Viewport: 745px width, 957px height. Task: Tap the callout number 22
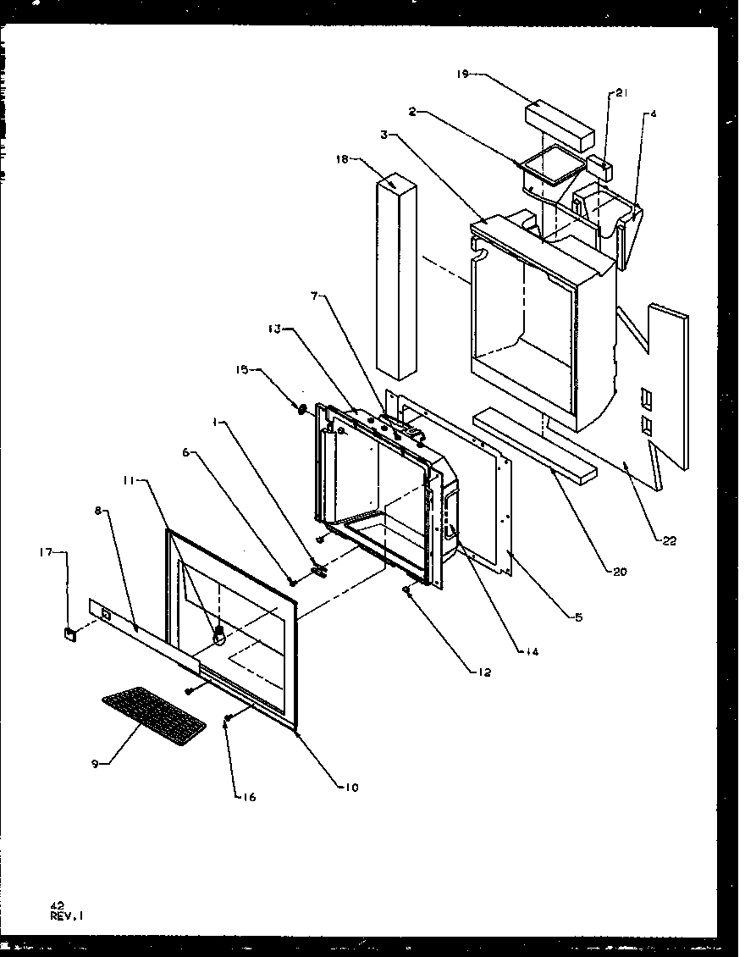(x=669, y=541)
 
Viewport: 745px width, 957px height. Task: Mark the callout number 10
(x=350, y=788)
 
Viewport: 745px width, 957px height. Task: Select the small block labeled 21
(x=600, y=163)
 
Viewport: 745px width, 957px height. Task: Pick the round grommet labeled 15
(x=301, y=409)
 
